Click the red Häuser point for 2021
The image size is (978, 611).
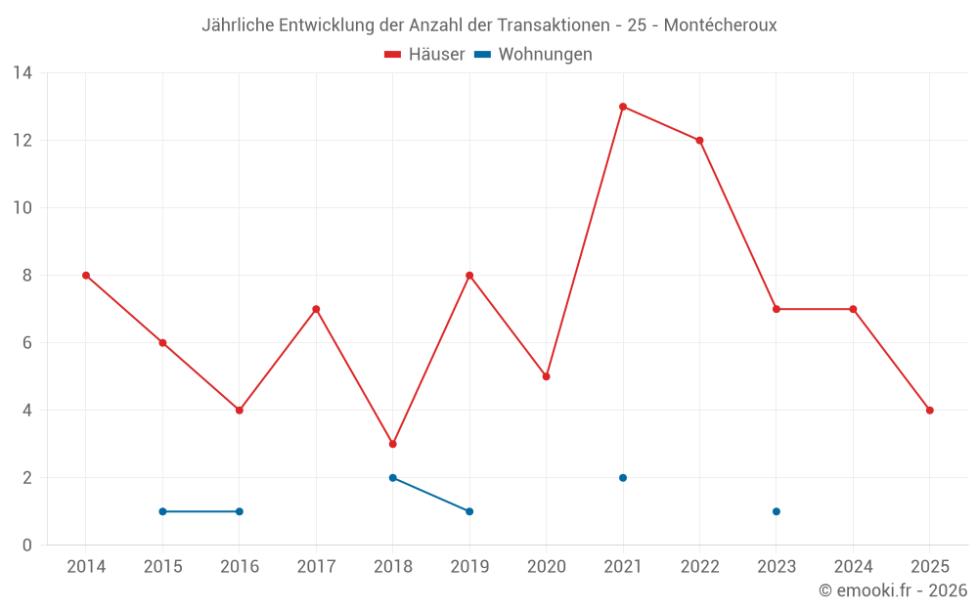click(623, 107)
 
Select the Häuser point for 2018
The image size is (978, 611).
click(393, 444)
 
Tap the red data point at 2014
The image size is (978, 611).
click(86, 276)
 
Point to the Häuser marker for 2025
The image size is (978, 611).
click(929, 411)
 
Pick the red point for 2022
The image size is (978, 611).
click(699, 140)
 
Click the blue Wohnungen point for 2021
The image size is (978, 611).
click(623, 478)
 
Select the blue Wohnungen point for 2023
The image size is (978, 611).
click(777, 511)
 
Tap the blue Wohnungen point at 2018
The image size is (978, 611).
click(393, 478)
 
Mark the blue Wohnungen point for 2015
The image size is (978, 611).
click(162, 511)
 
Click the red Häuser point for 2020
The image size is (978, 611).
click(546, 376)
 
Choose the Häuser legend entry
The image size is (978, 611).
click(424, 55)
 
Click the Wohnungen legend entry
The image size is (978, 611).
click(534, 55)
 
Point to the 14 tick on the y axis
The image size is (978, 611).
click(22, 72)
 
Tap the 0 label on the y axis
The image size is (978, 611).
click(27, 546)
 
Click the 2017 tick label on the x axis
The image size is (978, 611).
click(316, 567)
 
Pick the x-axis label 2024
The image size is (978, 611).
click(853, 567)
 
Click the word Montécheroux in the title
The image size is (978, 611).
click(720, 25)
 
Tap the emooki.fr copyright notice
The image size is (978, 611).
click(893, 590)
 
